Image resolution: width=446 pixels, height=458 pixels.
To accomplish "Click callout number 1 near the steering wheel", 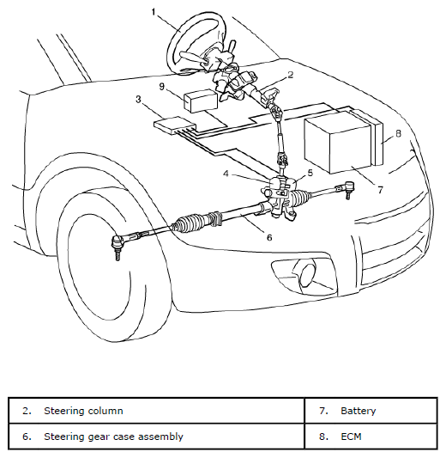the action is pyautogui.click(x=154, y=12).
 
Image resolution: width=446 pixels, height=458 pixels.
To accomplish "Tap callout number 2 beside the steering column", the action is pyautogui.click(x=290, y=75).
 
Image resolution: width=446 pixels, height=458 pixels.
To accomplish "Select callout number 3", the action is pyautogui.click(x=138, y=100).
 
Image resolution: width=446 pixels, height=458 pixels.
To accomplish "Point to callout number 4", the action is pyautogui.click(x=226, y=174).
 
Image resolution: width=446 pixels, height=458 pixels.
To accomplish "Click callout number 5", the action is pyautogui.click(x=310, y=173).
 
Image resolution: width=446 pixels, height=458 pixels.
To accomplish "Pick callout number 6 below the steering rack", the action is pyautogui.click(x=269, y=237).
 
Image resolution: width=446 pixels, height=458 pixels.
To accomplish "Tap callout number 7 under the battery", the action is pyautogui.click(x=380, y=190).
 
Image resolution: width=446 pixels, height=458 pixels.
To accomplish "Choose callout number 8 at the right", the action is pyautogui.click(x=398, y=133).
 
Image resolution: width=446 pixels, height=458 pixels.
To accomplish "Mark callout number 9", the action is pyautogui.click(x=162, y=87).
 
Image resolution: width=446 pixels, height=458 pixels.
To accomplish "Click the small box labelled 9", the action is pyautogui.click(x=202, y=101).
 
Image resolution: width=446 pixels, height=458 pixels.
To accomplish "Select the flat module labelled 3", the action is pyautogui.click(x=175, y=125).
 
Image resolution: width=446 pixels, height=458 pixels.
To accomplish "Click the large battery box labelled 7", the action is pyautogui.click(x=339, y=143).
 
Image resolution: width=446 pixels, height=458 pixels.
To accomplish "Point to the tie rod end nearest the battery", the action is pyautogui.click(x=347, y=189).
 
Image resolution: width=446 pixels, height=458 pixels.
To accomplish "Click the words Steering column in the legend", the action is pyautogui.click(x=83, y=411).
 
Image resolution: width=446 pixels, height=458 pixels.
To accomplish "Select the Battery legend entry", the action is pyautogui.click(x=358, y=411).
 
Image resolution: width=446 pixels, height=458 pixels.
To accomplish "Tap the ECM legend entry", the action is pyautogui.click(x=351, y=437).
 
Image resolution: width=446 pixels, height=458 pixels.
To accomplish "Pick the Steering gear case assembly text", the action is pyautogui.click(x=113, y=437).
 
